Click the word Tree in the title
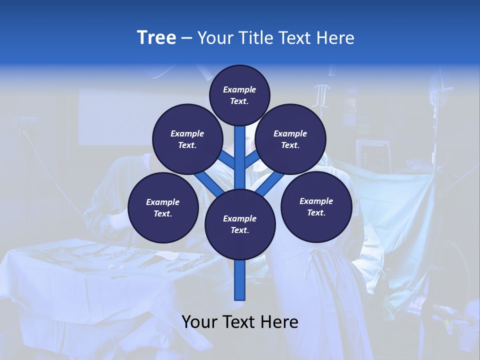[156, 38]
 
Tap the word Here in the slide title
[335, 38]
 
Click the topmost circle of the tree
[239, 95]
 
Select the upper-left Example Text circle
[187, 139]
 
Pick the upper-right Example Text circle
[290, 139]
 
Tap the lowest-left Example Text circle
[163, 207]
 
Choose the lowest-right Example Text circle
[316, 206]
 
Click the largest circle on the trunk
[240, 224]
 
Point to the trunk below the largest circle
[240, 280]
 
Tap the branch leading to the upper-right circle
[251, 160]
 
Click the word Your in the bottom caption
[199, 322]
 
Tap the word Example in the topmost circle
[239, 90]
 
